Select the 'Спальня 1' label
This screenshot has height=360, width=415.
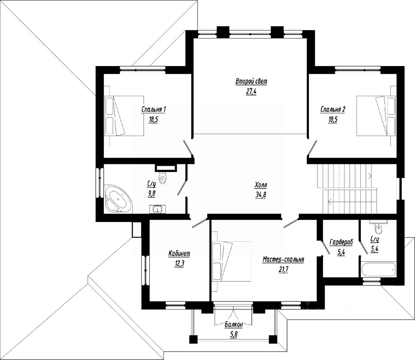click(x=154, y=110)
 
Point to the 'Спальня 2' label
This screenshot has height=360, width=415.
click(x=333, y=110)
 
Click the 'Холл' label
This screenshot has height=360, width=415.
click(x=261, y=185)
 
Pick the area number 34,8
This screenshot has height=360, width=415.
click(x=261, y=195)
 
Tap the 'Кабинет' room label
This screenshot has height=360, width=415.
click(x=179, y=254)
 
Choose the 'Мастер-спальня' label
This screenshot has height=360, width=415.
click(x=283, y=260)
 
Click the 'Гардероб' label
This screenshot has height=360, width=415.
click(x=341, y=242)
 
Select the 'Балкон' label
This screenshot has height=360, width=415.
click(x=234, y=324)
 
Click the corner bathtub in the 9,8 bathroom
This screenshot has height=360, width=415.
click(x=118, y=199)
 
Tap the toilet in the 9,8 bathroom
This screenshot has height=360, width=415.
click(x=163, y=178)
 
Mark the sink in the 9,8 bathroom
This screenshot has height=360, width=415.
click(x=158, y=209)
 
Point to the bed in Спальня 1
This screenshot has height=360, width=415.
click(x=124, y=116)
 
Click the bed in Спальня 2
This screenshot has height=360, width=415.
click(x=376, y=116)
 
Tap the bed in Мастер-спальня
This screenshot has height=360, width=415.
click(x=232, y=261)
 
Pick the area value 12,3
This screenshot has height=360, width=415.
click(x=179, y=264)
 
